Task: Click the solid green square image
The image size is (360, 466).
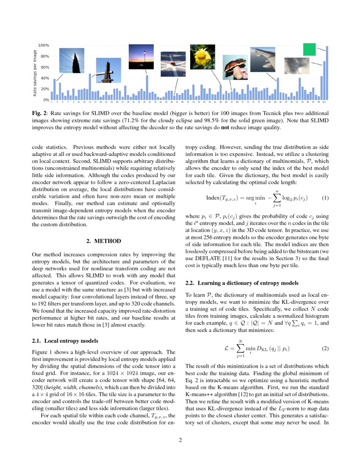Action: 310,49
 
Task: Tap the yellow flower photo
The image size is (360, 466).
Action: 202,57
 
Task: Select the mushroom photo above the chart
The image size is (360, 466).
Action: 235,67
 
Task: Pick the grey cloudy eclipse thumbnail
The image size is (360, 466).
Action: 297,65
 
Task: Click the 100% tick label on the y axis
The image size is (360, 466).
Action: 44,45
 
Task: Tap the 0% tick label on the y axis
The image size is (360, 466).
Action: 45,100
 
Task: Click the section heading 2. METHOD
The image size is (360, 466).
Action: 103,241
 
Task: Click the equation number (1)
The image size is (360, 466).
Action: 325,198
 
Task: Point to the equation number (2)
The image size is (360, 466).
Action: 325,348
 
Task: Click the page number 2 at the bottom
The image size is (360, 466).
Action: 180,440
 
